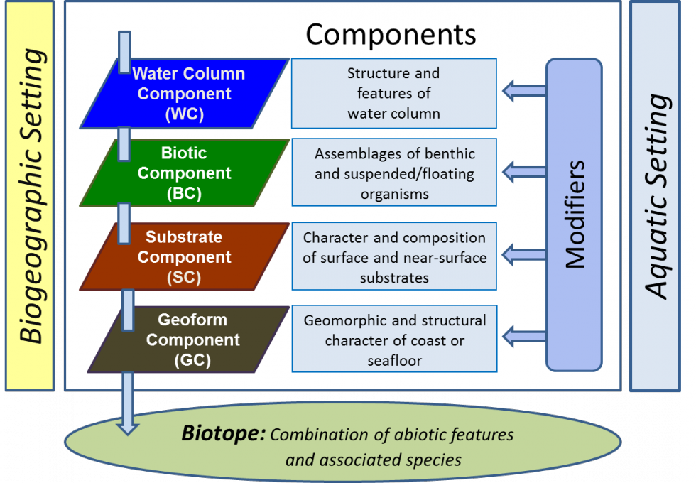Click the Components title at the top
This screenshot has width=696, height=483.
pyautogui.click(x=391, y=33)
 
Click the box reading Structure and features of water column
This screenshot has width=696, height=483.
pyautogui.click(x=393, y=93)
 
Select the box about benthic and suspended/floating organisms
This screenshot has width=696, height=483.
pyautogui.click(x=394, y=173)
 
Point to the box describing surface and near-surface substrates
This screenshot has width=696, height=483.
pyautogui.click(x=394, y=256)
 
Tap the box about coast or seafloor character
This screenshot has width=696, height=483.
pyautogui.click(x=394, y=340)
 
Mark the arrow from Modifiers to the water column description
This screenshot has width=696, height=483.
pyautogui.click(x=523, y=90)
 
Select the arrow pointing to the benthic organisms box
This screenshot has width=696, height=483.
pyautogui.click(x=523, y=171)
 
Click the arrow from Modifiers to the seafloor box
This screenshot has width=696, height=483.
pyautogui.click(x=523, y=332)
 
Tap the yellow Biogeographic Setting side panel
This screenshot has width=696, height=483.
pyautogui.click(x=29, y=195)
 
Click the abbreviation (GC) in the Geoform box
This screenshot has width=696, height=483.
pyautogui.click(x=192, y=360)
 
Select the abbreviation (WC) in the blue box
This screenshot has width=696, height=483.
pyautogui.click(x=184, y=114)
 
